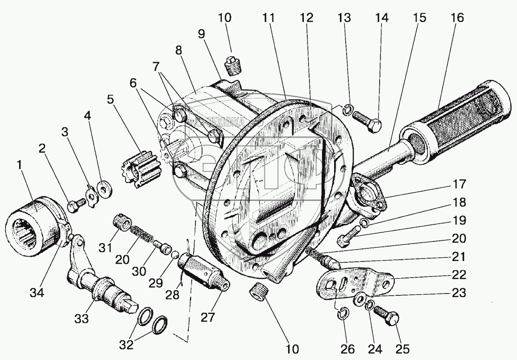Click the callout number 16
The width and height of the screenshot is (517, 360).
(x=457, y=18)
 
